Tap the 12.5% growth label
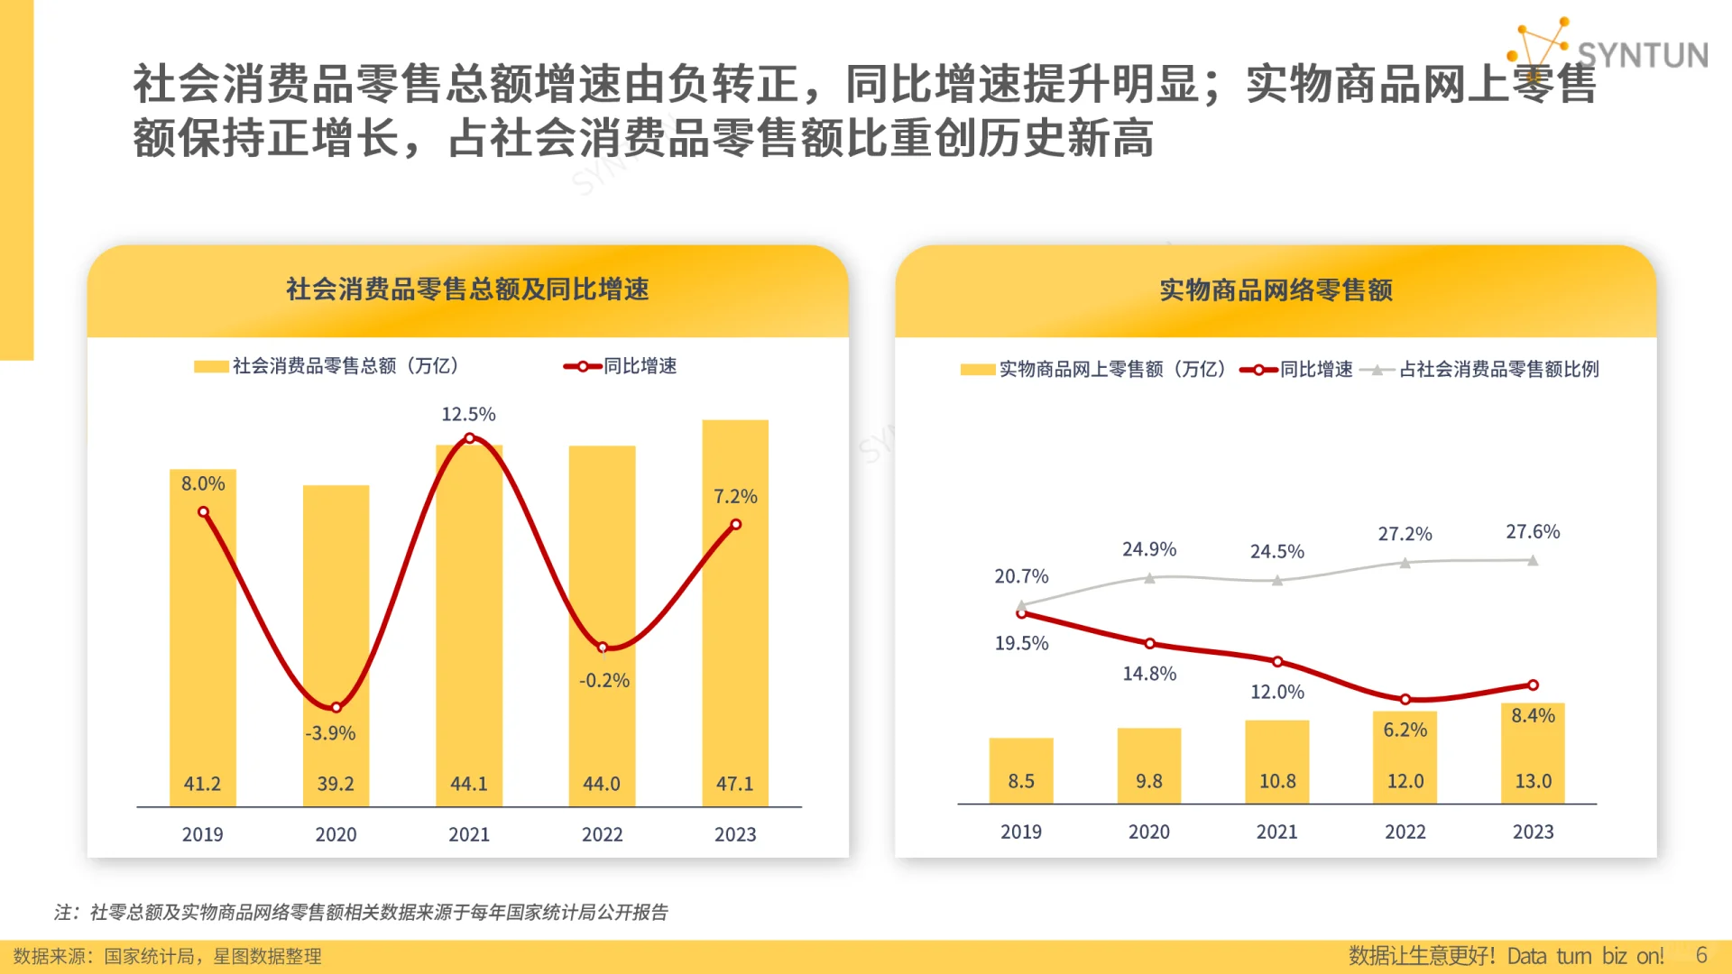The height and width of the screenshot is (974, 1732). (468, 414)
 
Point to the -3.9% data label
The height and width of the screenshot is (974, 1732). (330, 733)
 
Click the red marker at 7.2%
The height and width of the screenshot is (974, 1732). (736, 524)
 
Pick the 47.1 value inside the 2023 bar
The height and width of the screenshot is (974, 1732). (734, 784)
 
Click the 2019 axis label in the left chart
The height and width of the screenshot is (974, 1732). (202, 834)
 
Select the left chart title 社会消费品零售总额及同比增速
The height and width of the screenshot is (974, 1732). (467, 289)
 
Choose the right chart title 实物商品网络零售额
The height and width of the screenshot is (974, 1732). (1276, 290)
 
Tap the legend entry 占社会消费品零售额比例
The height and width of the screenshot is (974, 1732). (1498, 369)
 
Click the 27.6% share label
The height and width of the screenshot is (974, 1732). (1533, 531)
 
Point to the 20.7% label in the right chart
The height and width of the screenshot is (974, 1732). (1021, 576)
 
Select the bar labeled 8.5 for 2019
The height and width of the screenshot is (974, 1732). (1021, 771)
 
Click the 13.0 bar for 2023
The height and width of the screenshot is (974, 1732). (1533, 753)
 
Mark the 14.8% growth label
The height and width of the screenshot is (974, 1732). (1149, 674)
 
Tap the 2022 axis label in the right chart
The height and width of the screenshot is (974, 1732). (1405, 832)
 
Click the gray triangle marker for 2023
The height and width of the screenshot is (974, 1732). (1533, 560)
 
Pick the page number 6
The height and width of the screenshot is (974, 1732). (1701, 955)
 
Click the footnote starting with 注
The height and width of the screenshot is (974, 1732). (361, 912)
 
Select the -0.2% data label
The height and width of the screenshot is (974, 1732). (603, 680)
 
